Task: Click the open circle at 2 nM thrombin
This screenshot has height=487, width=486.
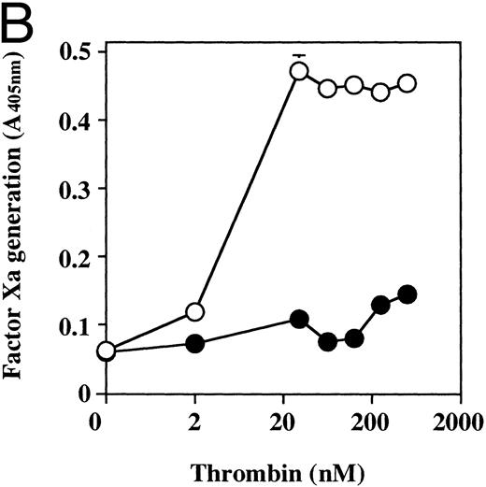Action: click(194, 311)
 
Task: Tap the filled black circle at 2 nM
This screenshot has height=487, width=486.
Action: click(194, 343)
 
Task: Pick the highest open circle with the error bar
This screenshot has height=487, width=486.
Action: click(299, 71)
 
